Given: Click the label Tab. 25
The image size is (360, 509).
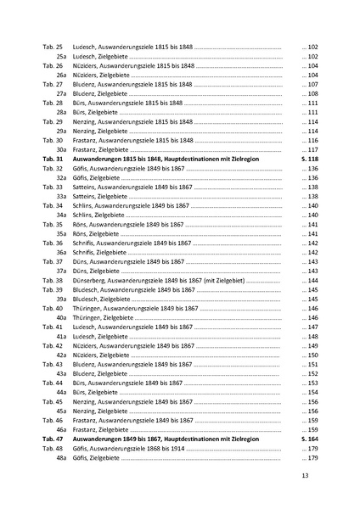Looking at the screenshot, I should (53, 44).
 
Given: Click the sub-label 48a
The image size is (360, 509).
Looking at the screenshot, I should (61, 458).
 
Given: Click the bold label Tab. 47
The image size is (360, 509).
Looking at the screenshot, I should (53, 438).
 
